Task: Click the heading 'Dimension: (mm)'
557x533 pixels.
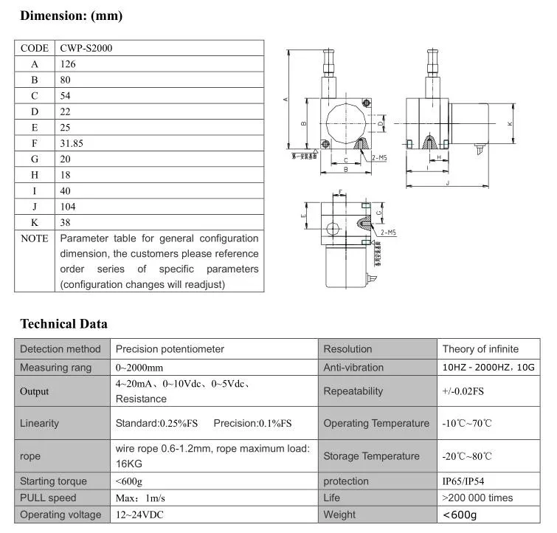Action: pyautogui.click(x=71, y=16)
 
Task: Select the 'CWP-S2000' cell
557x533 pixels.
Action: pyautogui.click(x=86, y=48)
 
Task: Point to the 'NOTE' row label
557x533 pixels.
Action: pyautogui.click(x=35, y=238)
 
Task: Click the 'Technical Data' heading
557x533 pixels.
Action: pyautogui.click(x=63, y=323)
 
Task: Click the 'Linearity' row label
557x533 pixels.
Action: pyautogui.click(x=40, y=423)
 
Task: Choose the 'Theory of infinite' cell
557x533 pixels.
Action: pyautogui.click(x=480, y=349)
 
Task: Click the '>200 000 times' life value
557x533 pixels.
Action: pyautogui.click(x=477, y=498)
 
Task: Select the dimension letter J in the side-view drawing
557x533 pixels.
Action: pyautogui.click(x=448, y=183)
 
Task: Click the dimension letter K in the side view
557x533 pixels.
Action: pyautogui.click(x=510, y=124)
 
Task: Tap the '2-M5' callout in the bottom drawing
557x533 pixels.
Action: pyautogui.click(x=389, y=232)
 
